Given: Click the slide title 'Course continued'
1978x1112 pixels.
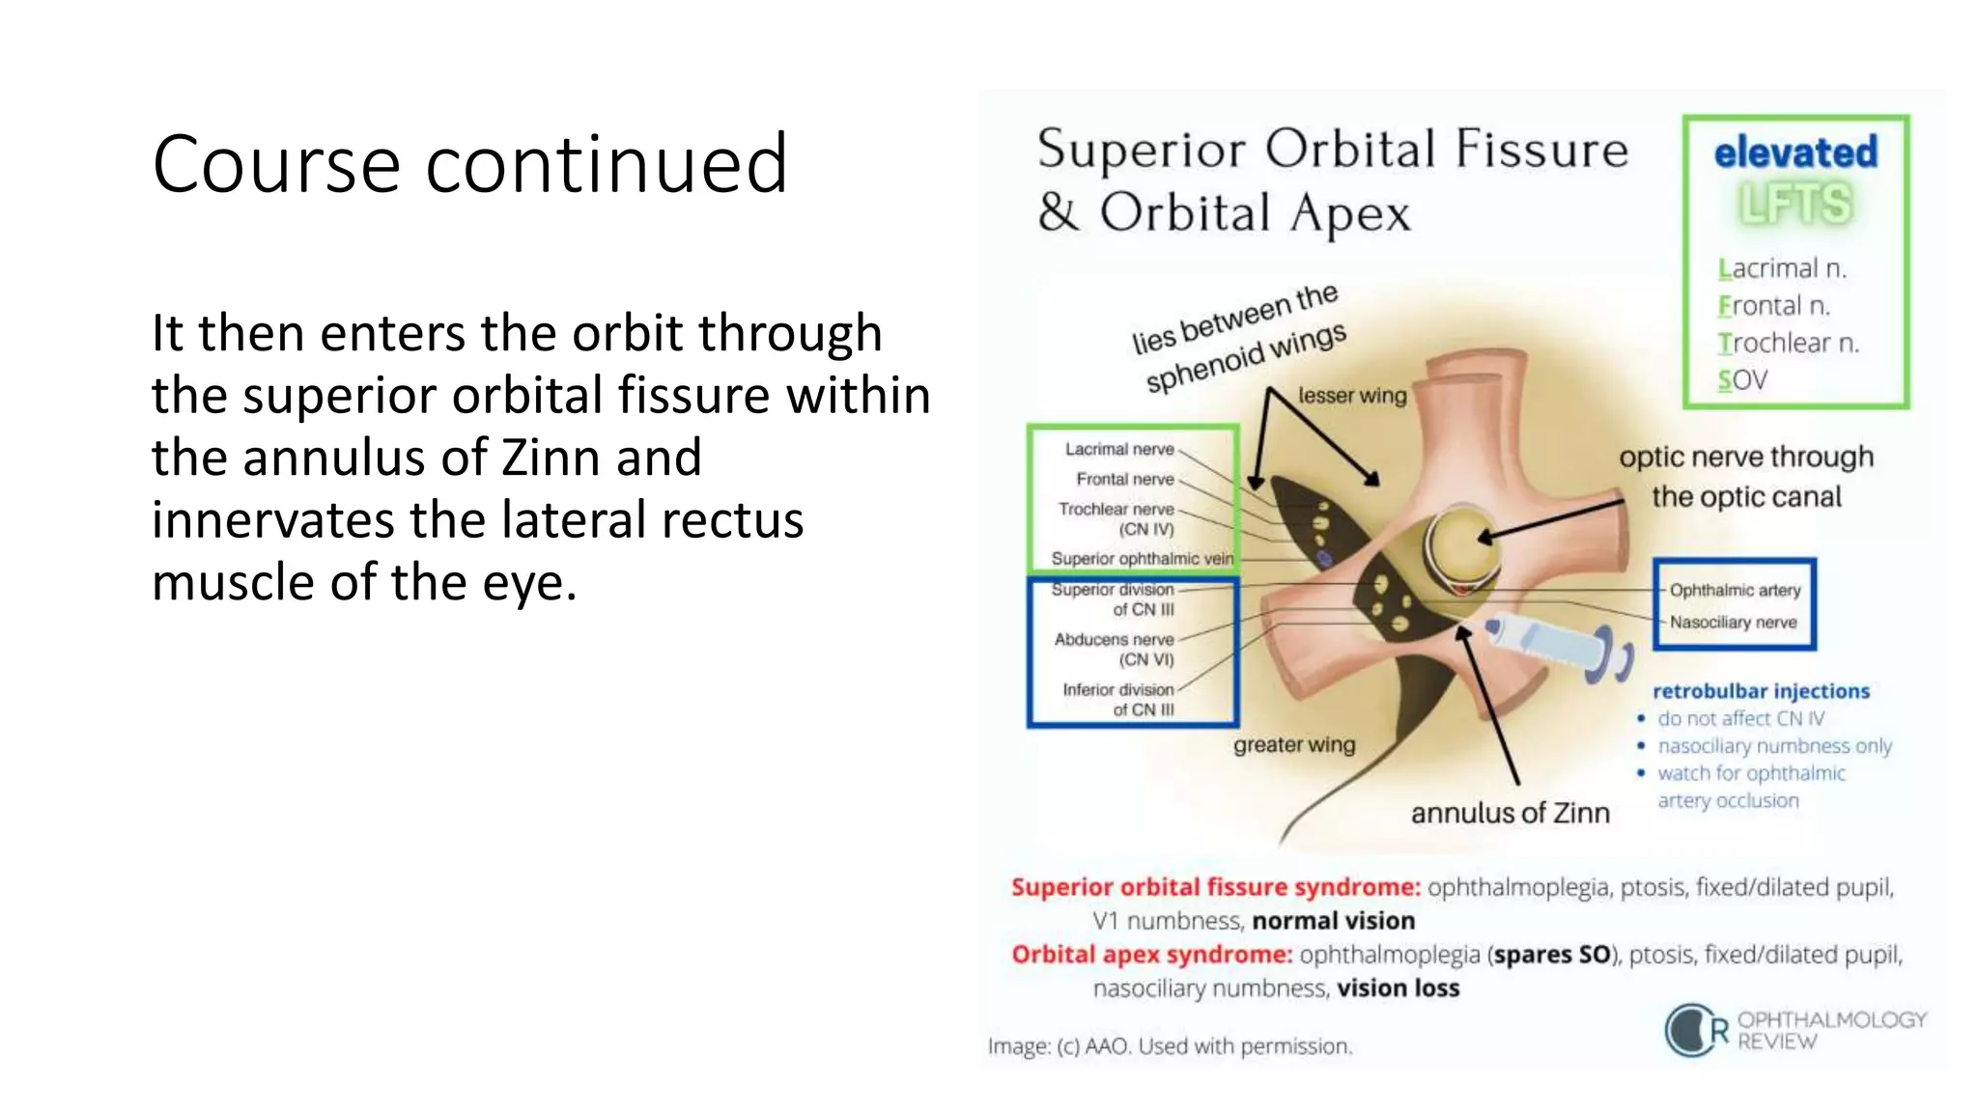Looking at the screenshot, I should point(469,164).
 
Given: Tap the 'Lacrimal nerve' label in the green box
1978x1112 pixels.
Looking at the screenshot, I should point(1119,449).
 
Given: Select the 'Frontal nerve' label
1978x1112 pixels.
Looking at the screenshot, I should point(1125,479).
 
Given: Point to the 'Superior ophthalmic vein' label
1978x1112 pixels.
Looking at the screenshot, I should point(1142,559).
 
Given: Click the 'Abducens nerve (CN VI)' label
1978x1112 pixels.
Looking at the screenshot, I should point(1115,649).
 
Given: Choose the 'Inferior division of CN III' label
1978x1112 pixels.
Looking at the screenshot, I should point(1118,699).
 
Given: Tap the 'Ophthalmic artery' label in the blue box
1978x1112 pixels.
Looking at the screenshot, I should point(1735,590).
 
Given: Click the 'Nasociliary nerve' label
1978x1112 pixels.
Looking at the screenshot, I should point(1733,623).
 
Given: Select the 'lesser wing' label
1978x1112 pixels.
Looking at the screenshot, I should point(1352,396).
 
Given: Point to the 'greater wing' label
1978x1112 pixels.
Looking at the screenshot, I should point(1294,745).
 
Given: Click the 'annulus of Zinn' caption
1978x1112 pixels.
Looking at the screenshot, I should point(1510,813).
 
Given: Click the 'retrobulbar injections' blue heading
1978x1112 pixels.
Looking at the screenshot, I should point(1761,691).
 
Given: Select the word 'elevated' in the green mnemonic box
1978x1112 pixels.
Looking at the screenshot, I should point(1795,153).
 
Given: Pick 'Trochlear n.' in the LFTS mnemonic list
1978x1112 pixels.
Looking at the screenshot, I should point(1788,343).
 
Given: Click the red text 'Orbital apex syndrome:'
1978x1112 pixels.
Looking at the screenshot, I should point(1151,955).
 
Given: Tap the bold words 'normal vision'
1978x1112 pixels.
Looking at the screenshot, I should point(1333,921).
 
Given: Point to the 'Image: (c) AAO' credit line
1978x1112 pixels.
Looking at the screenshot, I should point(1170,1046).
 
